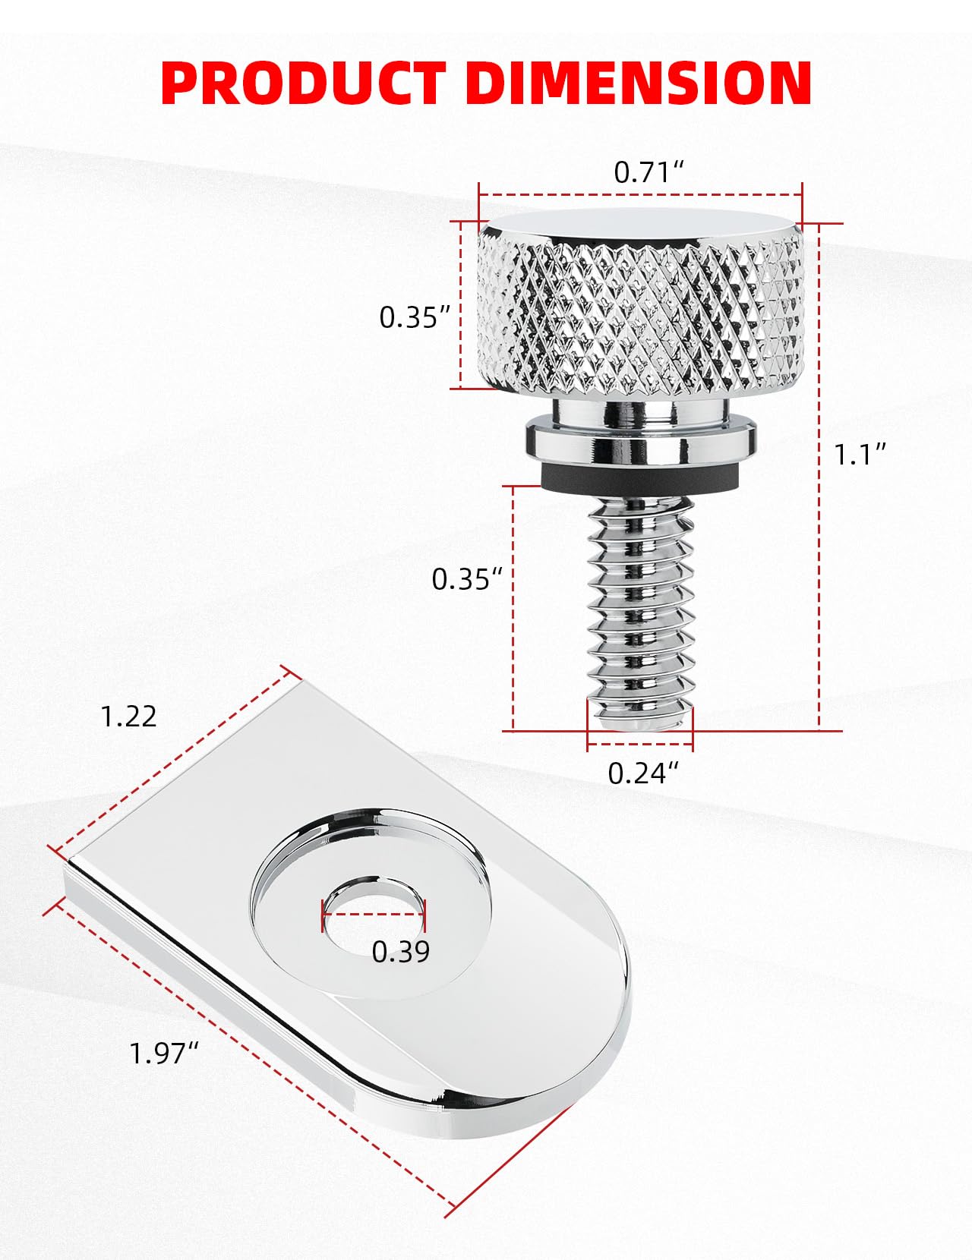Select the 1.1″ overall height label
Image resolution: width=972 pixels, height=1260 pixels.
pyautogui.click(x=860, y=455)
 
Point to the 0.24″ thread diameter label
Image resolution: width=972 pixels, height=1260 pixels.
pyautogui.click(x=642, y=773)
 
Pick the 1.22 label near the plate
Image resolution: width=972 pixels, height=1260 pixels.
pyautogui.click(x=129, y=717)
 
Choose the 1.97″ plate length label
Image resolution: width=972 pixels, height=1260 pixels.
pyautogui.click(x=163, y=1054)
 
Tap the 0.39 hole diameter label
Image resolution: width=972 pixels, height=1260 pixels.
pyautogui.click(x=400, y=952)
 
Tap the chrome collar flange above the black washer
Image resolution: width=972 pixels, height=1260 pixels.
pyautogui.click(x=642, y=442)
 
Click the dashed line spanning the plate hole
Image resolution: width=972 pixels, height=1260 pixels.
pyautogui.click(x=374, y=914)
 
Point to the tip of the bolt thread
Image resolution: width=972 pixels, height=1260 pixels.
pyautogui.click(x=642, y=717)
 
